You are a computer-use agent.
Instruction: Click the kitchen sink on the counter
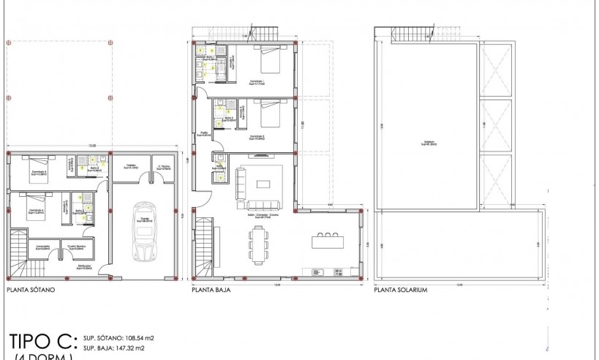pos(317,272)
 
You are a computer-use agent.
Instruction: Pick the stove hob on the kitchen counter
pos(339,272)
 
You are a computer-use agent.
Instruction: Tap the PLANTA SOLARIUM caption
pos(400,290)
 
